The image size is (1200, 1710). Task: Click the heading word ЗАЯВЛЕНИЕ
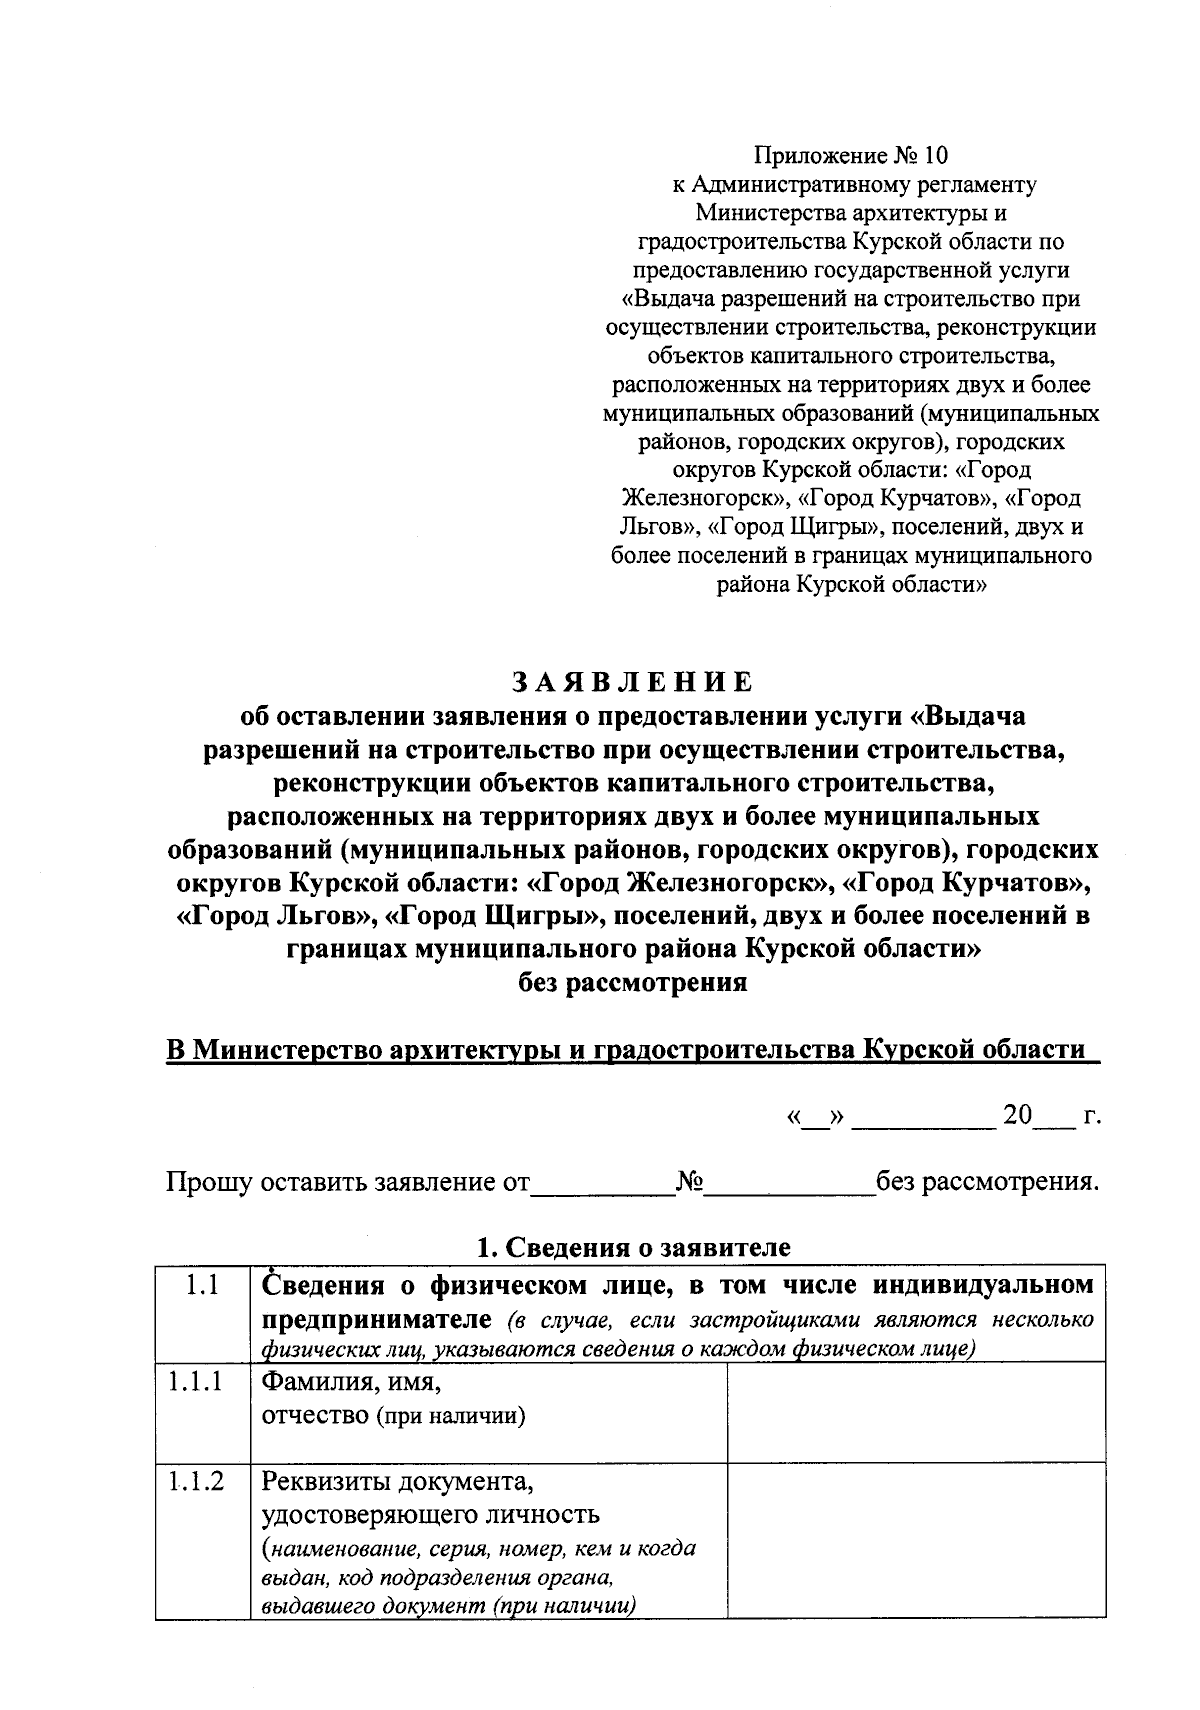point(632,682)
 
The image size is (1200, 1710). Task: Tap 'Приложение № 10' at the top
point(850,156)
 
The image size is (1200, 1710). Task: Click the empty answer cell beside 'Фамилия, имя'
point(915,1411)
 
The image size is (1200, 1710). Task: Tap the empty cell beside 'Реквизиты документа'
point(915,1540)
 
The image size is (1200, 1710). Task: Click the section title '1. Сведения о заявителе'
point(633,1247)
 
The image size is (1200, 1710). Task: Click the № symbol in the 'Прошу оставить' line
point(689,1183)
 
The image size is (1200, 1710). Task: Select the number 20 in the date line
point(1017,1115)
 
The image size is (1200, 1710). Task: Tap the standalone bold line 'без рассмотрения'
point(632,982)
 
